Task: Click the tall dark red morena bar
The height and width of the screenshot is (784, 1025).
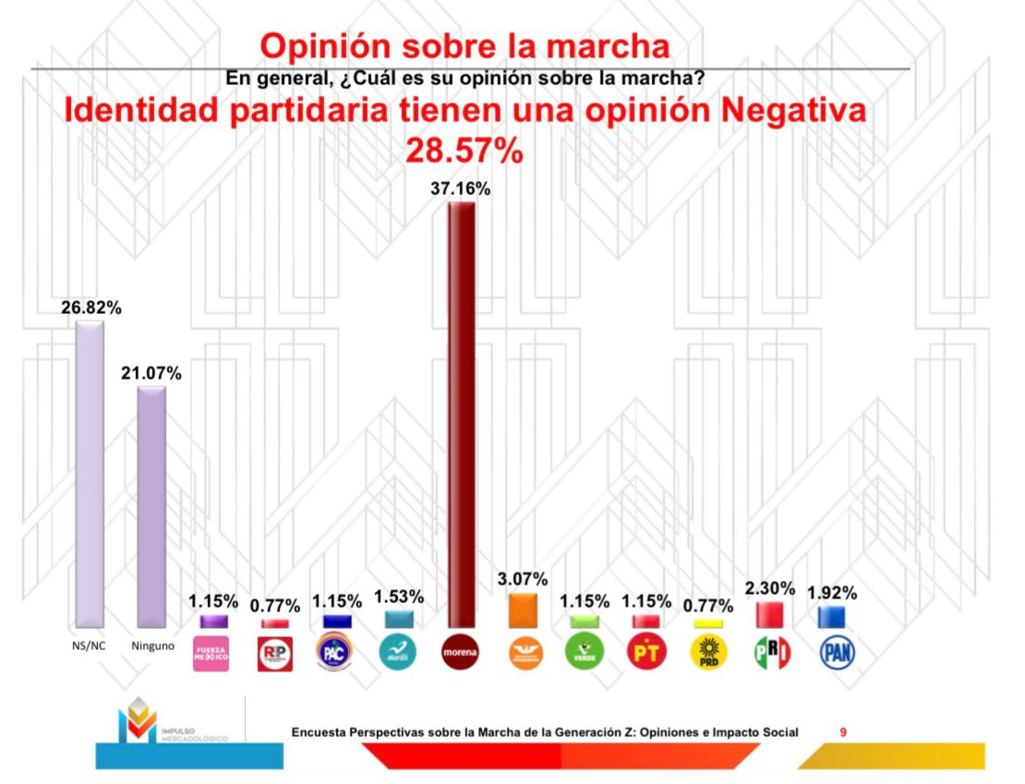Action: click(x=461, y=416)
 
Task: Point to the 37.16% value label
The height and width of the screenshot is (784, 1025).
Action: click(x=460, y=189)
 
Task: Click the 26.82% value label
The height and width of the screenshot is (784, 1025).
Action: click(x=90, y=308)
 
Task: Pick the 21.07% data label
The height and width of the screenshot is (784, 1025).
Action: click(x=151, y=374)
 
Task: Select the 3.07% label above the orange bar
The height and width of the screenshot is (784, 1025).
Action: click(x=524, y=579)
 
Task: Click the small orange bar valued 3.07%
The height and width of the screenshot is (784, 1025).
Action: click(x=524, y=610)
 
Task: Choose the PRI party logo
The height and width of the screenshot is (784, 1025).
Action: click(x=772, y=653)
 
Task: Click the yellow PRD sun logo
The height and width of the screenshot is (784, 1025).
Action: click(x=709, y=654)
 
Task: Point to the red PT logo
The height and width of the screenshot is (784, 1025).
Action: click(x=645, y=654)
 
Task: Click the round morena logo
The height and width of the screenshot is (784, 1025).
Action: click(x=461, y=653)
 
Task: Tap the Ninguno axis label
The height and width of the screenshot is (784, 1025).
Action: click(x=152, y=646)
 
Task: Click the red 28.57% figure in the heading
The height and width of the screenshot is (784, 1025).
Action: click(x=464, y=150)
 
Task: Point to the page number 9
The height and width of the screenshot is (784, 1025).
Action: click(x=843, y=732)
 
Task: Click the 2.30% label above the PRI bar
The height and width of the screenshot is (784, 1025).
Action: click(x=770, y=587)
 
